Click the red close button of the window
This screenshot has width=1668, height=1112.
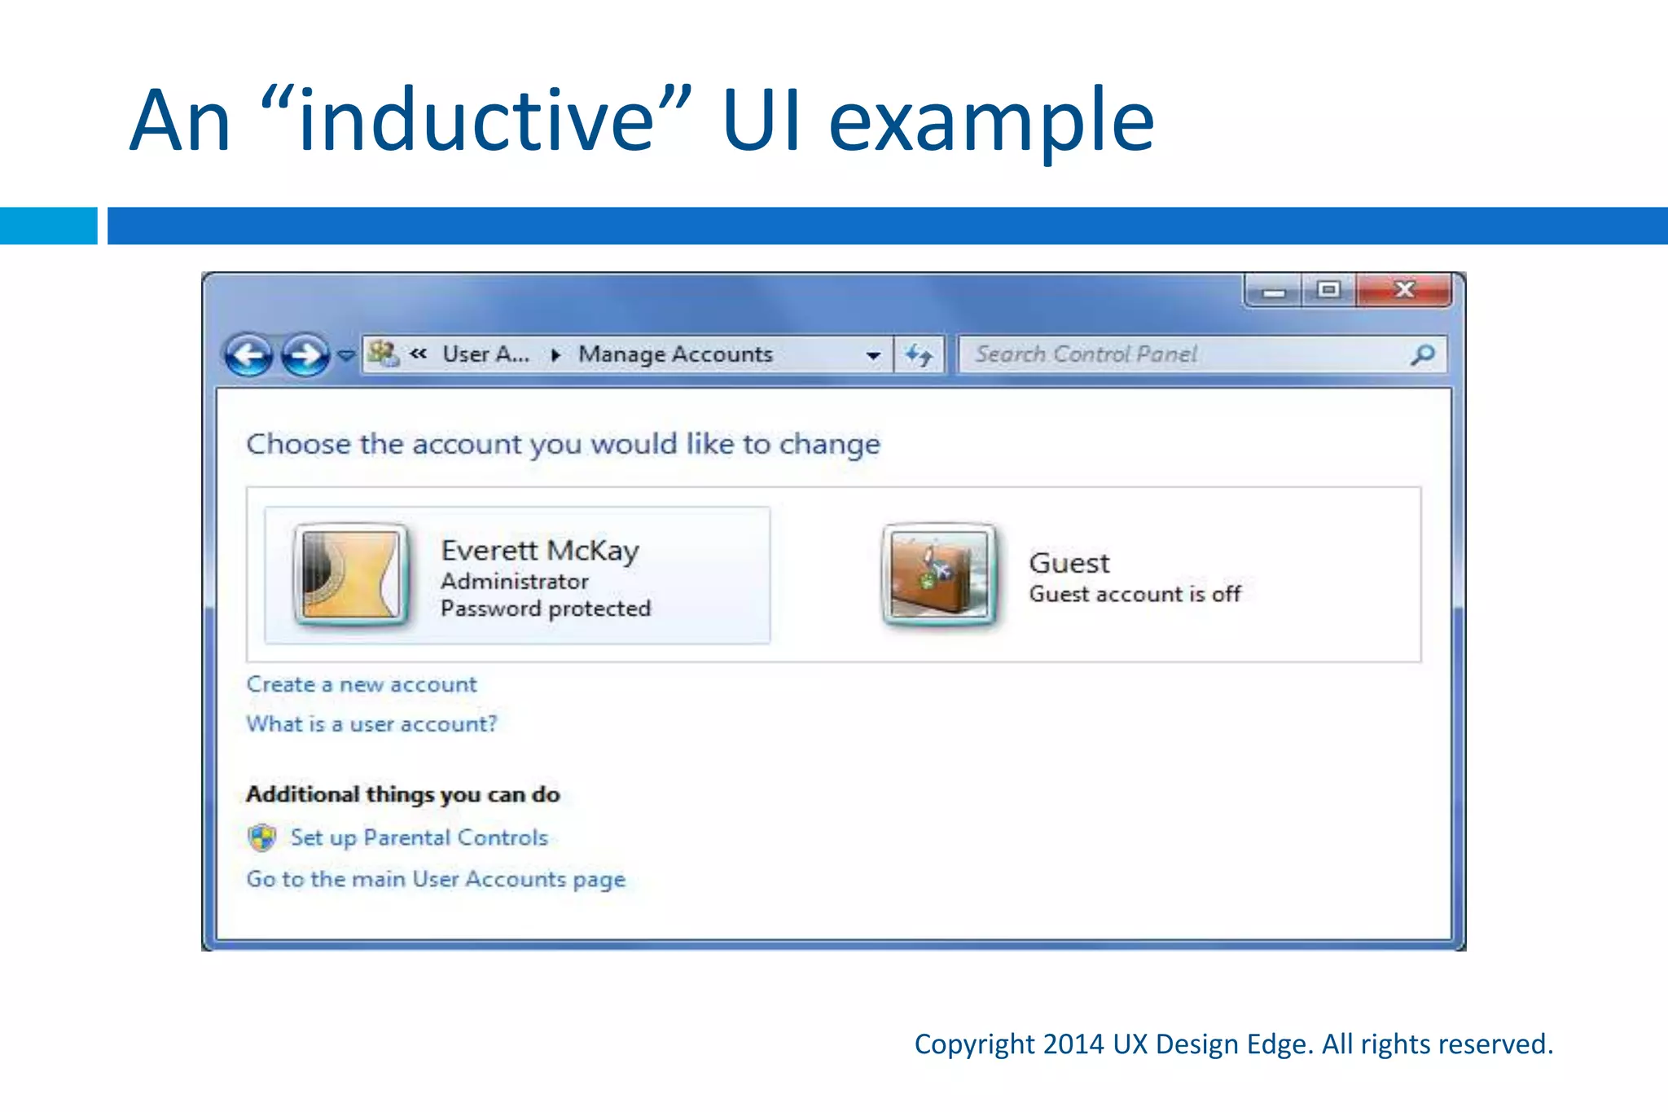point(1403,290)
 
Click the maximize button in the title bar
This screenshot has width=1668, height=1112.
point(1329,290)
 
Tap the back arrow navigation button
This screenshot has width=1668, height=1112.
point(248,355)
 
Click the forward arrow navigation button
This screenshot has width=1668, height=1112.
point(305,355)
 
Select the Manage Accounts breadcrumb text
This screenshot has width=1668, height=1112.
point(675,354)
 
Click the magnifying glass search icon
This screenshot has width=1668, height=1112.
point(1423,354)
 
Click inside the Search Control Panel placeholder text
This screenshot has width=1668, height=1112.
point(1086,354)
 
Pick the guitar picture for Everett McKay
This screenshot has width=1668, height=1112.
point(351,575)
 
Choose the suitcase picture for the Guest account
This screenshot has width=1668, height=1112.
point(939,575)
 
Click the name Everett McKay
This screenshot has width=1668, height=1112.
point(540,551)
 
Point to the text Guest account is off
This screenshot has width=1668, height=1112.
point(1135,594)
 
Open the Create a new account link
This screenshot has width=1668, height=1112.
point(362,684)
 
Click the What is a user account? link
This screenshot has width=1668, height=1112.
point(371,724)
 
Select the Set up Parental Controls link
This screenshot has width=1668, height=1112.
point(419,837)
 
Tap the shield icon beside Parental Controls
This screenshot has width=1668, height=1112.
point(262,837)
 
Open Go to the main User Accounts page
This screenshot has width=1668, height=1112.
point(436,879)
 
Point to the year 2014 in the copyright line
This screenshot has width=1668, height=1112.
point(1073,1044)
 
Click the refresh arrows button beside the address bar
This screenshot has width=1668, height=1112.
point(920,355)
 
